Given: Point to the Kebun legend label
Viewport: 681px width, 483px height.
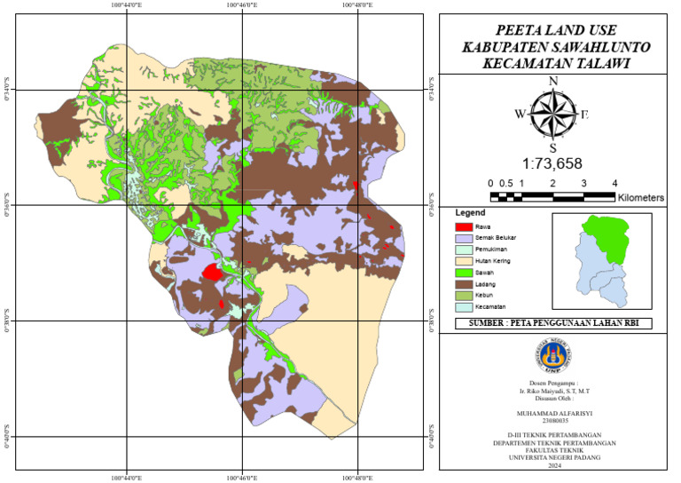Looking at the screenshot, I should click(x=484, y=296).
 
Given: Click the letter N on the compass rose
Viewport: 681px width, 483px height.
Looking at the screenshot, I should click(x=553, y=82).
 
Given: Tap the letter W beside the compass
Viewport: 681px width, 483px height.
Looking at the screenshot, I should click(x=521, y=114).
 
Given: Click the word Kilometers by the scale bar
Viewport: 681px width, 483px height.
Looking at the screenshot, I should click(x=640, y=198).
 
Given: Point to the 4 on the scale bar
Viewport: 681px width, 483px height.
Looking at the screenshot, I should click(x=614, y=183).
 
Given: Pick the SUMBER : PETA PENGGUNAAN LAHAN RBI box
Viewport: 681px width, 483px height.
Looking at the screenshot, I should click(x=553, y=324).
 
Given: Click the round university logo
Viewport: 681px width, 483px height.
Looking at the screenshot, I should click(x=554, y=354).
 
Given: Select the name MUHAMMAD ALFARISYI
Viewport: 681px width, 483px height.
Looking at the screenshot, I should click(x=553, y=413).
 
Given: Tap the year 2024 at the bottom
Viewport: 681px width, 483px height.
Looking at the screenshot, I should click(x=554, y=464).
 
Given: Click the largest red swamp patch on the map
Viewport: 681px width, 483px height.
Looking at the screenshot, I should click(x=212, y=271).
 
